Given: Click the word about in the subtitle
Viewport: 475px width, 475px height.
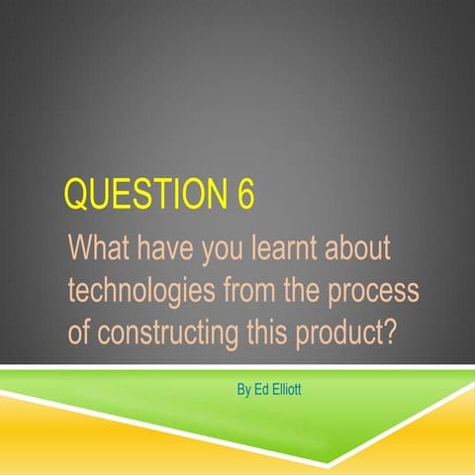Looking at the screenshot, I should coord(359,247).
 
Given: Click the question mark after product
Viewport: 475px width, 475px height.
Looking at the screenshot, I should coord(389,331).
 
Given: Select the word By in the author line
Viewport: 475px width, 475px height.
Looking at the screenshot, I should coord(244,389).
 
